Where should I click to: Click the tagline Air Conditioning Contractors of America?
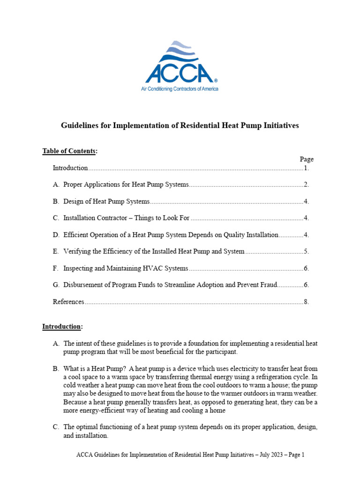tap(180, 89)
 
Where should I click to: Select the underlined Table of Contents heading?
tap(70, 151)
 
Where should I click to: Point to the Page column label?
tap(307, 159)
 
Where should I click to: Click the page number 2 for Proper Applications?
tap(306, 185)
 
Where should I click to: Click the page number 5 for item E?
tap(306, 252)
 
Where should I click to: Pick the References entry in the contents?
tap(68, 302)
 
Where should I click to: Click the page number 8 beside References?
tap(306, 302)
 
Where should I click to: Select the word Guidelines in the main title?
tap(81, 126)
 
